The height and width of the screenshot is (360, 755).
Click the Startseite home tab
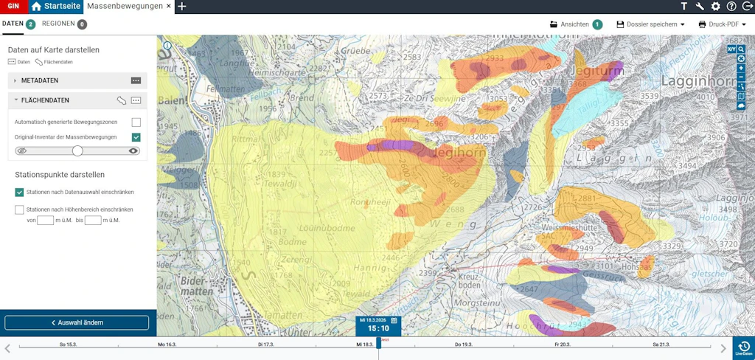[56, 7]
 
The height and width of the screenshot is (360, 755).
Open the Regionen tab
[58, 24]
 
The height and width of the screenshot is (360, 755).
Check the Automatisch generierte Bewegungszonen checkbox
[136, 122]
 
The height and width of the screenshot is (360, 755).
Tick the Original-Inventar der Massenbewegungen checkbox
[136, 137]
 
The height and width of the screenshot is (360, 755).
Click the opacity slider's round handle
[77, 150]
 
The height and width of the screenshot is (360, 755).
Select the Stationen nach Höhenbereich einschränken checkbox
[19, 210]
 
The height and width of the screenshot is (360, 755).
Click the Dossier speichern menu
[650, 24]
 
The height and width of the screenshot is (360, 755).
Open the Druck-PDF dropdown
[722, 24]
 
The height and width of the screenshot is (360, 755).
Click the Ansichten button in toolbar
[575, 24]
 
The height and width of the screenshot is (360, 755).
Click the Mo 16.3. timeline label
[167, 345]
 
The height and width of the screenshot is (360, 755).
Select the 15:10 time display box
[378, 328]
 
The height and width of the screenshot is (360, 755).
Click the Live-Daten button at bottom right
[744, 348]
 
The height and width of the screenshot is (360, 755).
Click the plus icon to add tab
[182, 7]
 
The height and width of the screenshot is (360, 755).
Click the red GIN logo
[13, 7]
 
